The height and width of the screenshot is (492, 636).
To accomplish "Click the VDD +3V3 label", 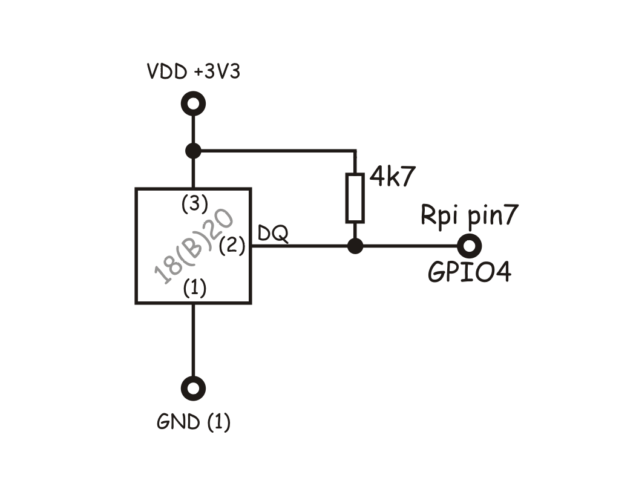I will click(x=193, y=72).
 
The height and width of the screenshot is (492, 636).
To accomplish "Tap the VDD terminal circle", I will click(x=193, y=104).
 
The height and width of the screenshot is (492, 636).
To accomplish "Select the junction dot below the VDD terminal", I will click(x=193, y=150).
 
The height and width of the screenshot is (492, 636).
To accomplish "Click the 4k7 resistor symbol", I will click(x=355, y=197).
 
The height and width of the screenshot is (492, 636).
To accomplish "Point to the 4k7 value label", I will click(x=393, y=178).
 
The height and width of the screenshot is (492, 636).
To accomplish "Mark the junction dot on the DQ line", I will click(x=356, y=246).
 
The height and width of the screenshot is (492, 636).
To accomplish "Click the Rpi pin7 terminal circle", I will click(x=470, y=246).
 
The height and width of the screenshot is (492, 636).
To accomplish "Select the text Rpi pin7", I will click(x=469, y=216).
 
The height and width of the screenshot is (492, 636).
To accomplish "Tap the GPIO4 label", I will click(x=470, y=272).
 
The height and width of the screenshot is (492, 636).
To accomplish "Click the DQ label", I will click(x=272, y=233).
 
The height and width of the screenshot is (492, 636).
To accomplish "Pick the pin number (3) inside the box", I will click(x=194, y=204).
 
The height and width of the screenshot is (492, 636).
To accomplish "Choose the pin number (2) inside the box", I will click(x=232, y=246).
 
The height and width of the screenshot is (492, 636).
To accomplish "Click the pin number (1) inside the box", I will click(x=194, y=289).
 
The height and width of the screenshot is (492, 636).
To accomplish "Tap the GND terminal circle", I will click(x=194, y=388).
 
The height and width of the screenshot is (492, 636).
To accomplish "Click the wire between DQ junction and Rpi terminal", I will click(x=411, y=246).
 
